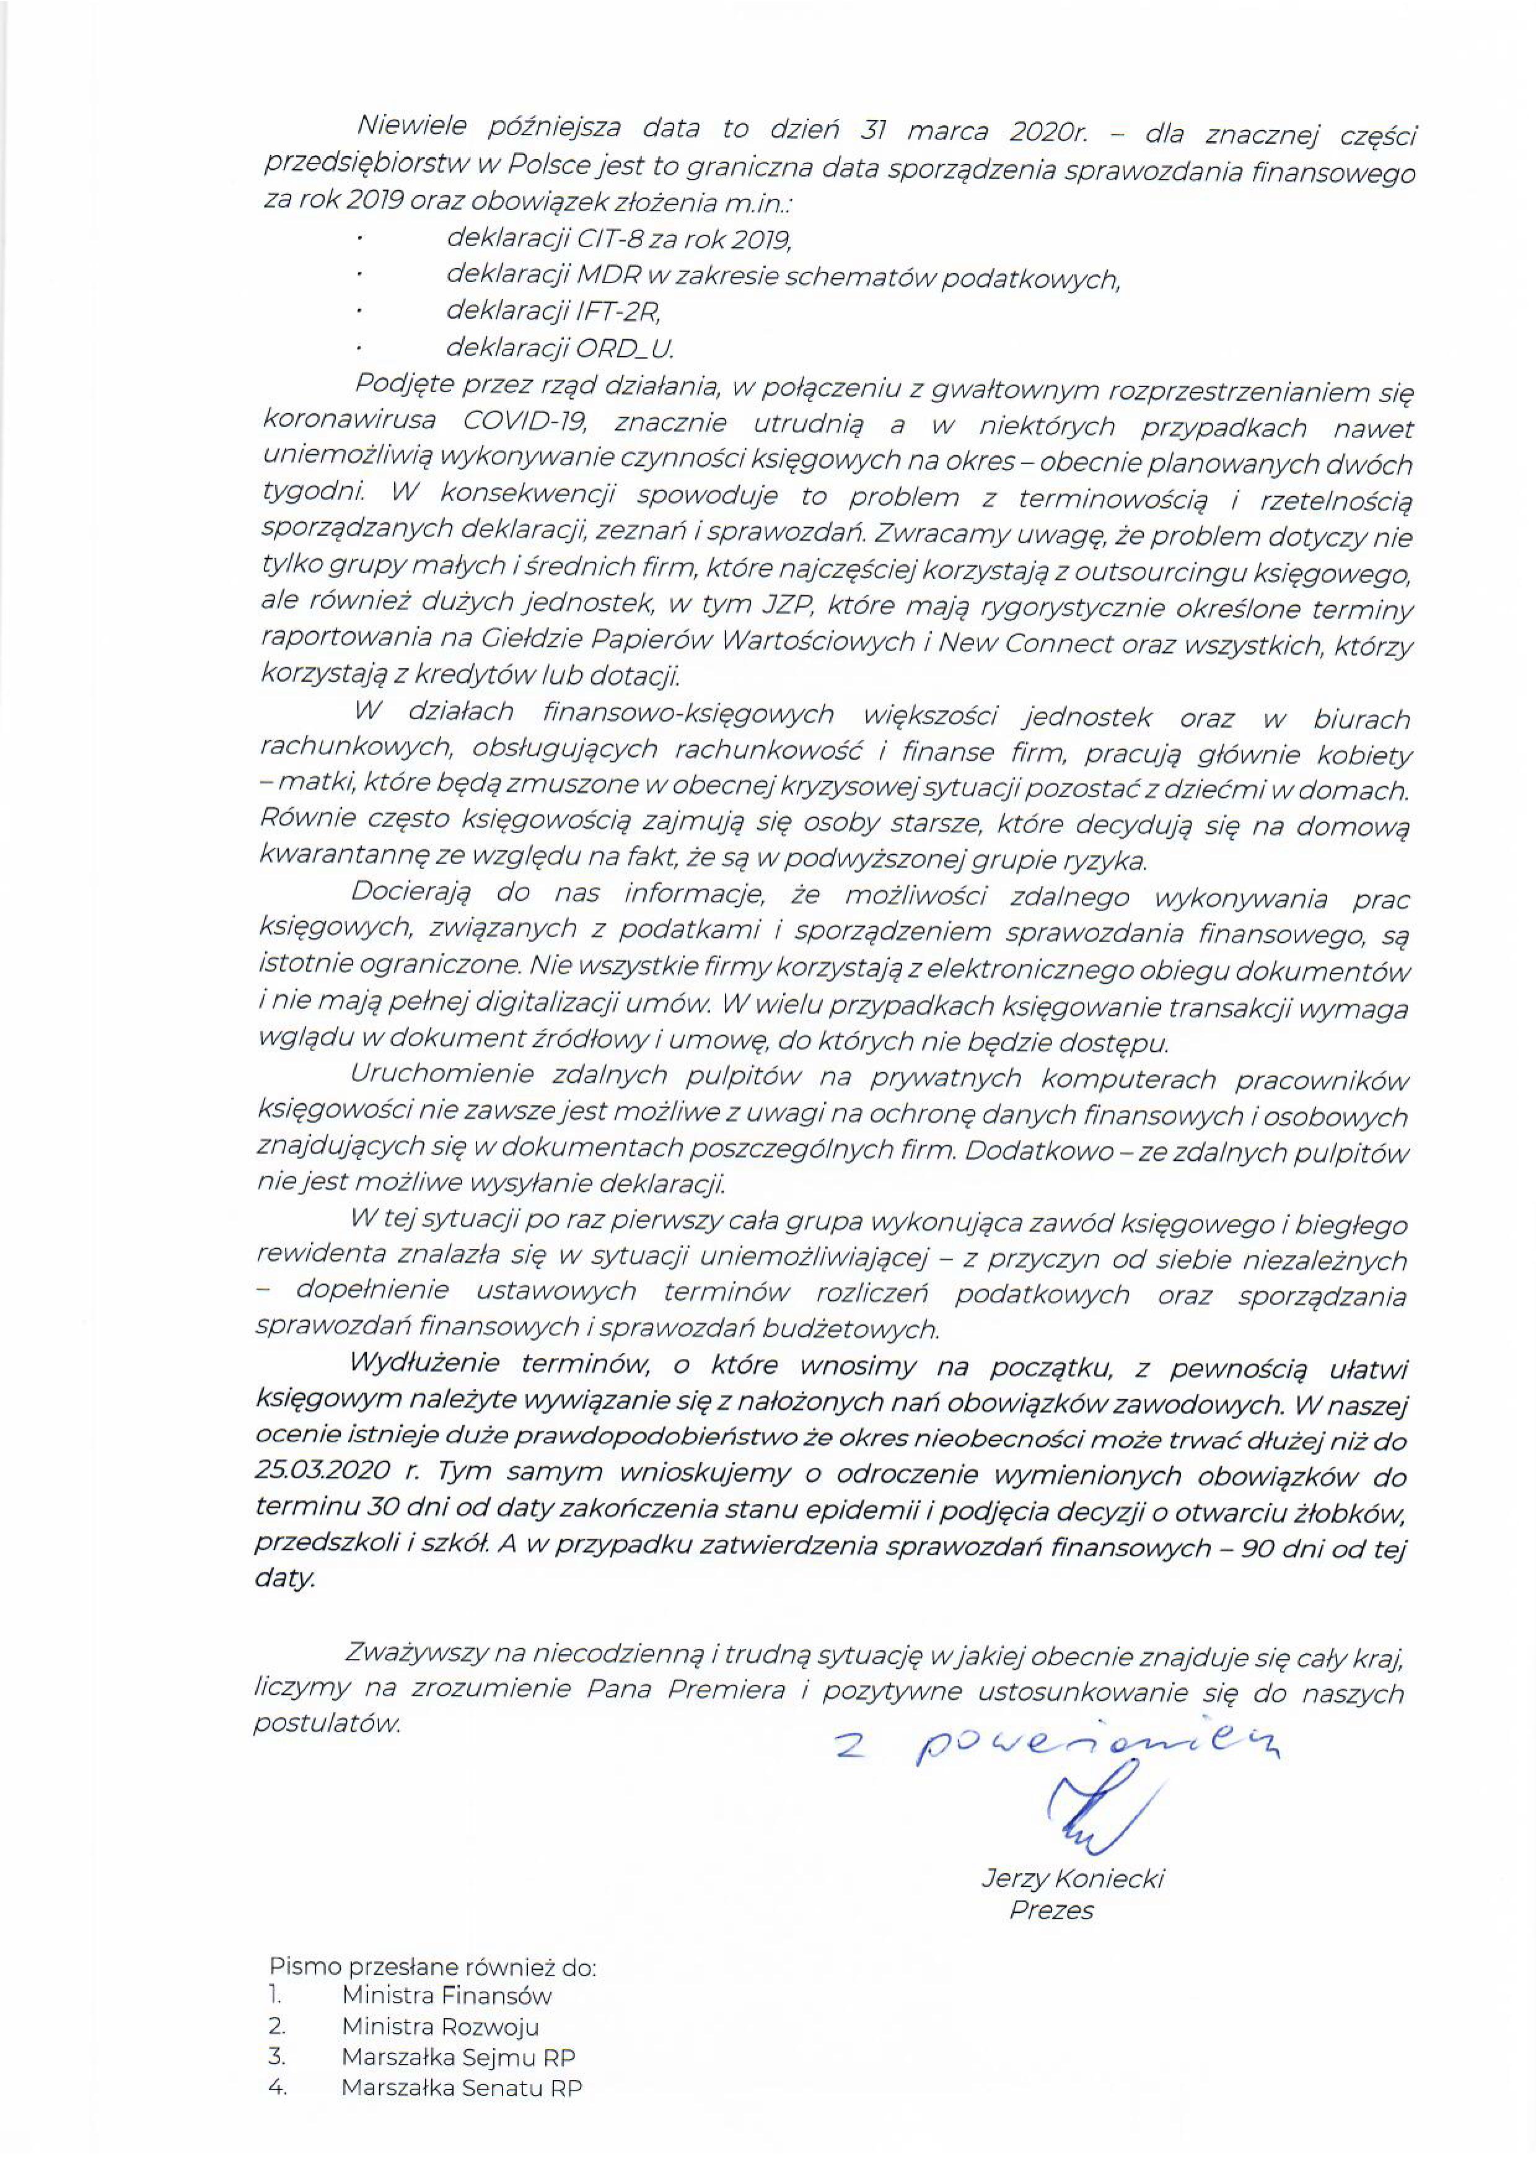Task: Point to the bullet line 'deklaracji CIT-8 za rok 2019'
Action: (x=618, y=240)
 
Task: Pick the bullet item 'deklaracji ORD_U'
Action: (x=560, y=348)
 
